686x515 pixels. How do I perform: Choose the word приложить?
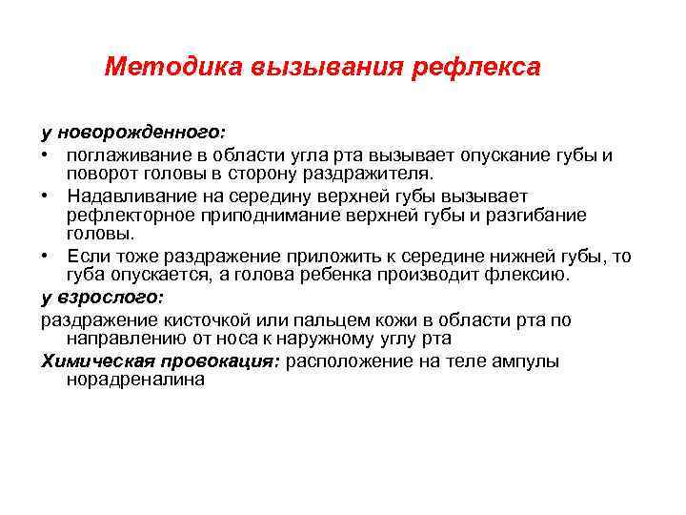(320, 255)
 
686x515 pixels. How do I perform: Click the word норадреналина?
(135, 379)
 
